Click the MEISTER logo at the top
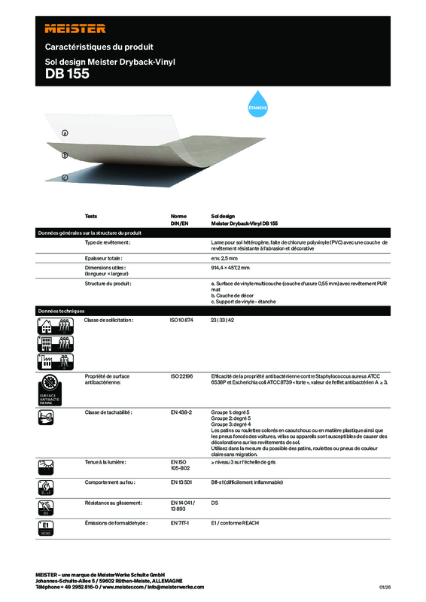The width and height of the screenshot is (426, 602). coord(75,28)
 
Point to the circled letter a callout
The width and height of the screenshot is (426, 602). coord(65,133)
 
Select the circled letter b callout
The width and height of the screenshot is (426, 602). coord(65,156)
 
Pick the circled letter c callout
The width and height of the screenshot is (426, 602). coord(65,178)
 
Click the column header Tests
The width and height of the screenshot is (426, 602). coord(91,215)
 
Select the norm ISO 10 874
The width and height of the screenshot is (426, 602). coord(183,321)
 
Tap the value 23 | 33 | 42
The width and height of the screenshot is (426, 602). coord(222,321)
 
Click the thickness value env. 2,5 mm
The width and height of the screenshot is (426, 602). coord(224,258)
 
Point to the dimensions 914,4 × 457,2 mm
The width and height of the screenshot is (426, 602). coord(235,268)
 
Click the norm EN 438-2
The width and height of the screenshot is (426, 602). coord(182,413)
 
